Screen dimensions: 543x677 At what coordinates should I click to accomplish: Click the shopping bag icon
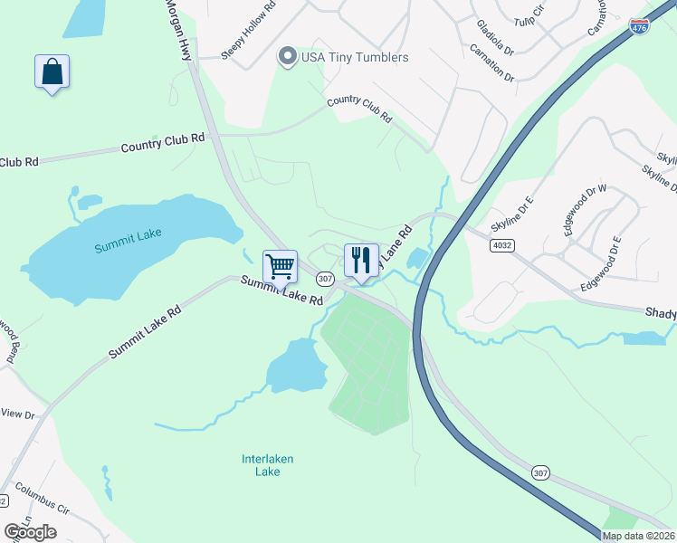click(x=52, y=71)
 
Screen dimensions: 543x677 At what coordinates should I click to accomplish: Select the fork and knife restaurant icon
click(x=361, y=261)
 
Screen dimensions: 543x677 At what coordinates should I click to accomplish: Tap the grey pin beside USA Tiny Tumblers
click(x=288, y=57)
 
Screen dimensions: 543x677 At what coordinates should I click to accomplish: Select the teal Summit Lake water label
click(x=129, y=233)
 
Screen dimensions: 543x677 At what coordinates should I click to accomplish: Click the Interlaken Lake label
click(x=268, y=465)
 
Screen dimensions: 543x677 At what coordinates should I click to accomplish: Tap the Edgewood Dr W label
click(x=585, y=210)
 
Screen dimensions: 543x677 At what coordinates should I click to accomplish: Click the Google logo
click(x=30, y=532)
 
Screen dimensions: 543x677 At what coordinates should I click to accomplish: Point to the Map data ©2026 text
click(x=638, y=536)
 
